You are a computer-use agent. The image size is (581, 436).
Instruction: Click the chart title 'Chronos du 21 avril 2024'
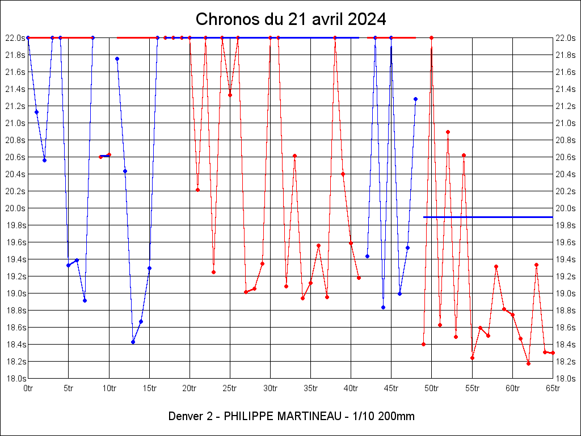(290, 19)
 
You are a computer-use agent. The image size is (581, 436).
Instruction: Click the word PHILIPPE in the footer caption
(249, 416)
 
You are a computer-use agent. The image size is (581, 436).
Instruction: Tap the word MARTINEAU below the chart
(307, 416)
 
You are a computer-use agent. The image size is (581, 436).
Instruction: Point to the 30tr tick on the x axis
(270, 388)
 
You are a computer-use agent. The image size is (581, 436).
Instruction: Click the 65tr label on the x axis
(553, 388)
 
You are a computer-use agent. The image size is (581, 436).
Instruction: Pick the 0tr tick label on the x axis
(28, 388)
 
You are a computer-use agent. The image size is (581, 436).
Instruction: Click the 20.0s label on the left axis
(15, 208)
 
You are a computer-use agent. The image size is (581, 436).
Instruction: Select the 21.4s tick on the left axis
(15, 89)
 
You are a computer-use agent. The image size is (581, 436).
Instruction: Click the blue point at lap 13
(133, 342)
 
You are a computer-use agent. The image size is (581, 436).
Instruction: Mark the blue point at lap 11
(117, 58)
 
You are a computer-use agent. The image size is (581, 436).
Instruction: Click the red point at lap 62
(528, 363)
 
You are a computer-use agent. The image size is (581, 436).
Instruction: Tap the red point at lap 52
(448, 132)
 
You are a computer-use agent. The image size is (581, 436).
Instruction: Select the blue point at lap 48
(415, 99)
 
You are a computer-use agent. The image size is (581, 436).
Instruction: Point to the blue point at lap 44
(383, 307)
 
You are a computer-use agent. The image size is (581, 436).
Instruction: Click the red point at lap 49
(423, 344)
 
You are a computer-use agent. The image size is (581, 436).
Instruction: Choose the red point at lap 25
(230, 95)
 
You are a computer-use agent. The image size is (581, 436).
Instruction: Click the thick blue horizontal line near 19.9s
(488, 217)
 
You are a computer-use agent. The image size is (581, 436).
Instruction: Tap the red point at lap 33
(294, 156)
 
